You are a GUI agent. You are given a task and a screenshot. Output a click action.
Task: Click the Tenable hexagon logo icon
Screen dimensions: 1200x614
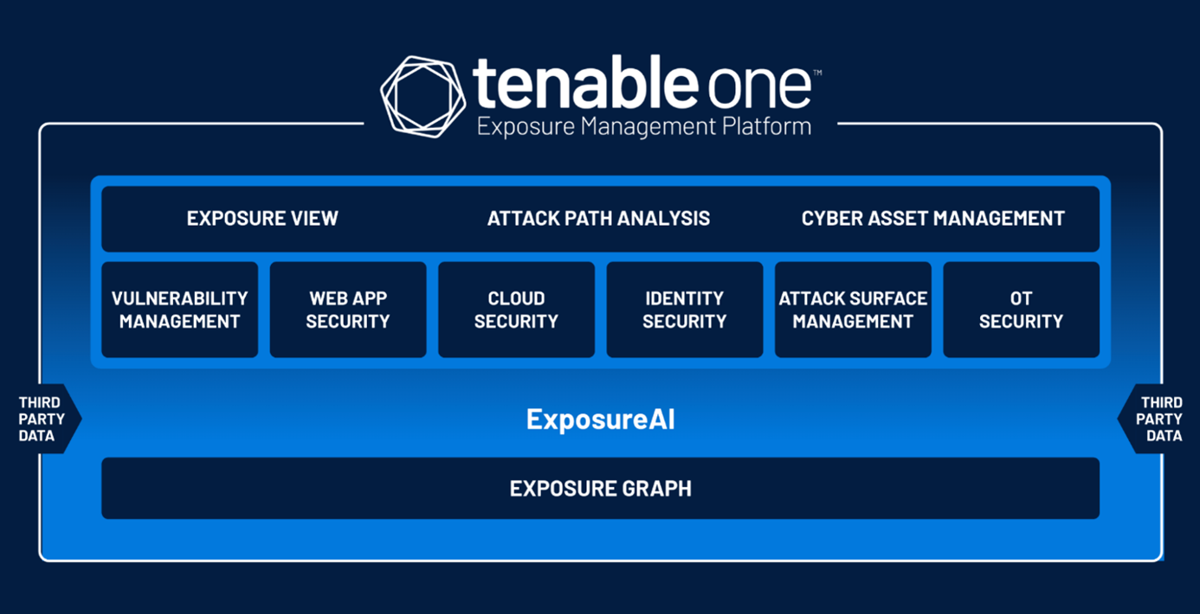tap(423, 97)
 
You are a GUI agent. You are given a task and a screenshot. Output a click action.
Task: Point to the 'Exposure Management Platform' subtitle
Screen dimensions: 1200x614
tap(644, 127)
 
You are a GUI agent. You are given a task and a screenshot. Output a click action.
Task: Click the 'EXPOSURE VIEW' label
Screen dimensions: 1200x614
tap(262, 219)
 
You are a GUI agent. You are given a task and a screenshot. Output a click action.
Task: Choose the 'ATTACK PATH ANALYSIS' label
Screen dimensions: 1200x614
tap(598, 219)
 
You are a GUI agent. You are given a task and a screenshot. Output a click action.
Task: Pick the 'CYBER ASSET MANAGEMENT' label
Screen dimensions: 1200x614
tap(932, 219)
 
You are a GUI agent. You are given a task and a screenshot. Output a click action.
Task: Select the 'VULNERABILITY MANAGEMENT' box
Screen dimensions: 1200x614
tap(180, 310)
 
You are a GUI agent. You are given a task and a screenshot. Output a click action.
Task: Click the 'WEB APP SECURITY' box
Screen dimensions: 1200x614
tap(348, 310)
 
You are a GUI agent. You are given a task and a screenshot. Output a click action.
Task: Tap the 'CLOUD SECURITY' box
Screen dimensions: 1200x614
tap(516, 310)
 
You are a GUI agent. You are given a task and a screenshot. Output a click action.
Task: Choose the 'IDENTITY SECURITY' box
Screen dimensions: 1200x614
tap(685, 310)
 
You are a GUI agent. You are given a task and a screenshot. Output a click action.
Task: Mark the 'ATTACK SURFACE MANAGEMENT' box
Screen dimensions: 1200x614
tap(853, 310)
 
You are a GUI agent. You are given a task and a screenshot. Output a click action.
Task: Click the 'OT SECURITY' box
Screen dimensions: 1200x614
tap(1021, 310)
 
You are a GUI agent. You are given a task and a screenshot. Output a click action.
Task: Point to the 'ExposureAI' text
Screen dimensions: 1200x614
tap(601, 419)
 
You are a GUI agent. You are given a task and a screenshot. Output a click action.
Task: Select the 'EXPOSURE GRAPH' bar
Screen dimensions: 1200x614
tap(601, 489)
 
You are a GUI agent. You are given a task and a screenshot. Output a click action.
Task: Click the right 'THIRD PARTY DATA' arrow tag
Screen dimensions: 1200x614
tap(1159, 419)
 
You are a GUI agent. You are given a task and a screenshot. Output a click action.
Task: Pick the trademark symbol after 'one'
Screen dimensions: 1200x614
tap(817, 73)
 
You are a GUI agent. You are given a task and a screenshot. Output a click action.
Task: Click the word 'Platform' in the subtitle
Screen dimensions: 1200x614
tap(766, 126)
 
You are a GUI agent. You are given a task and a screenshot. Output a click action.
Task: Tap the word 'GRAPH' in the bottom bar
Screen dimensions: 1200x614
tap(656, 489)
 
